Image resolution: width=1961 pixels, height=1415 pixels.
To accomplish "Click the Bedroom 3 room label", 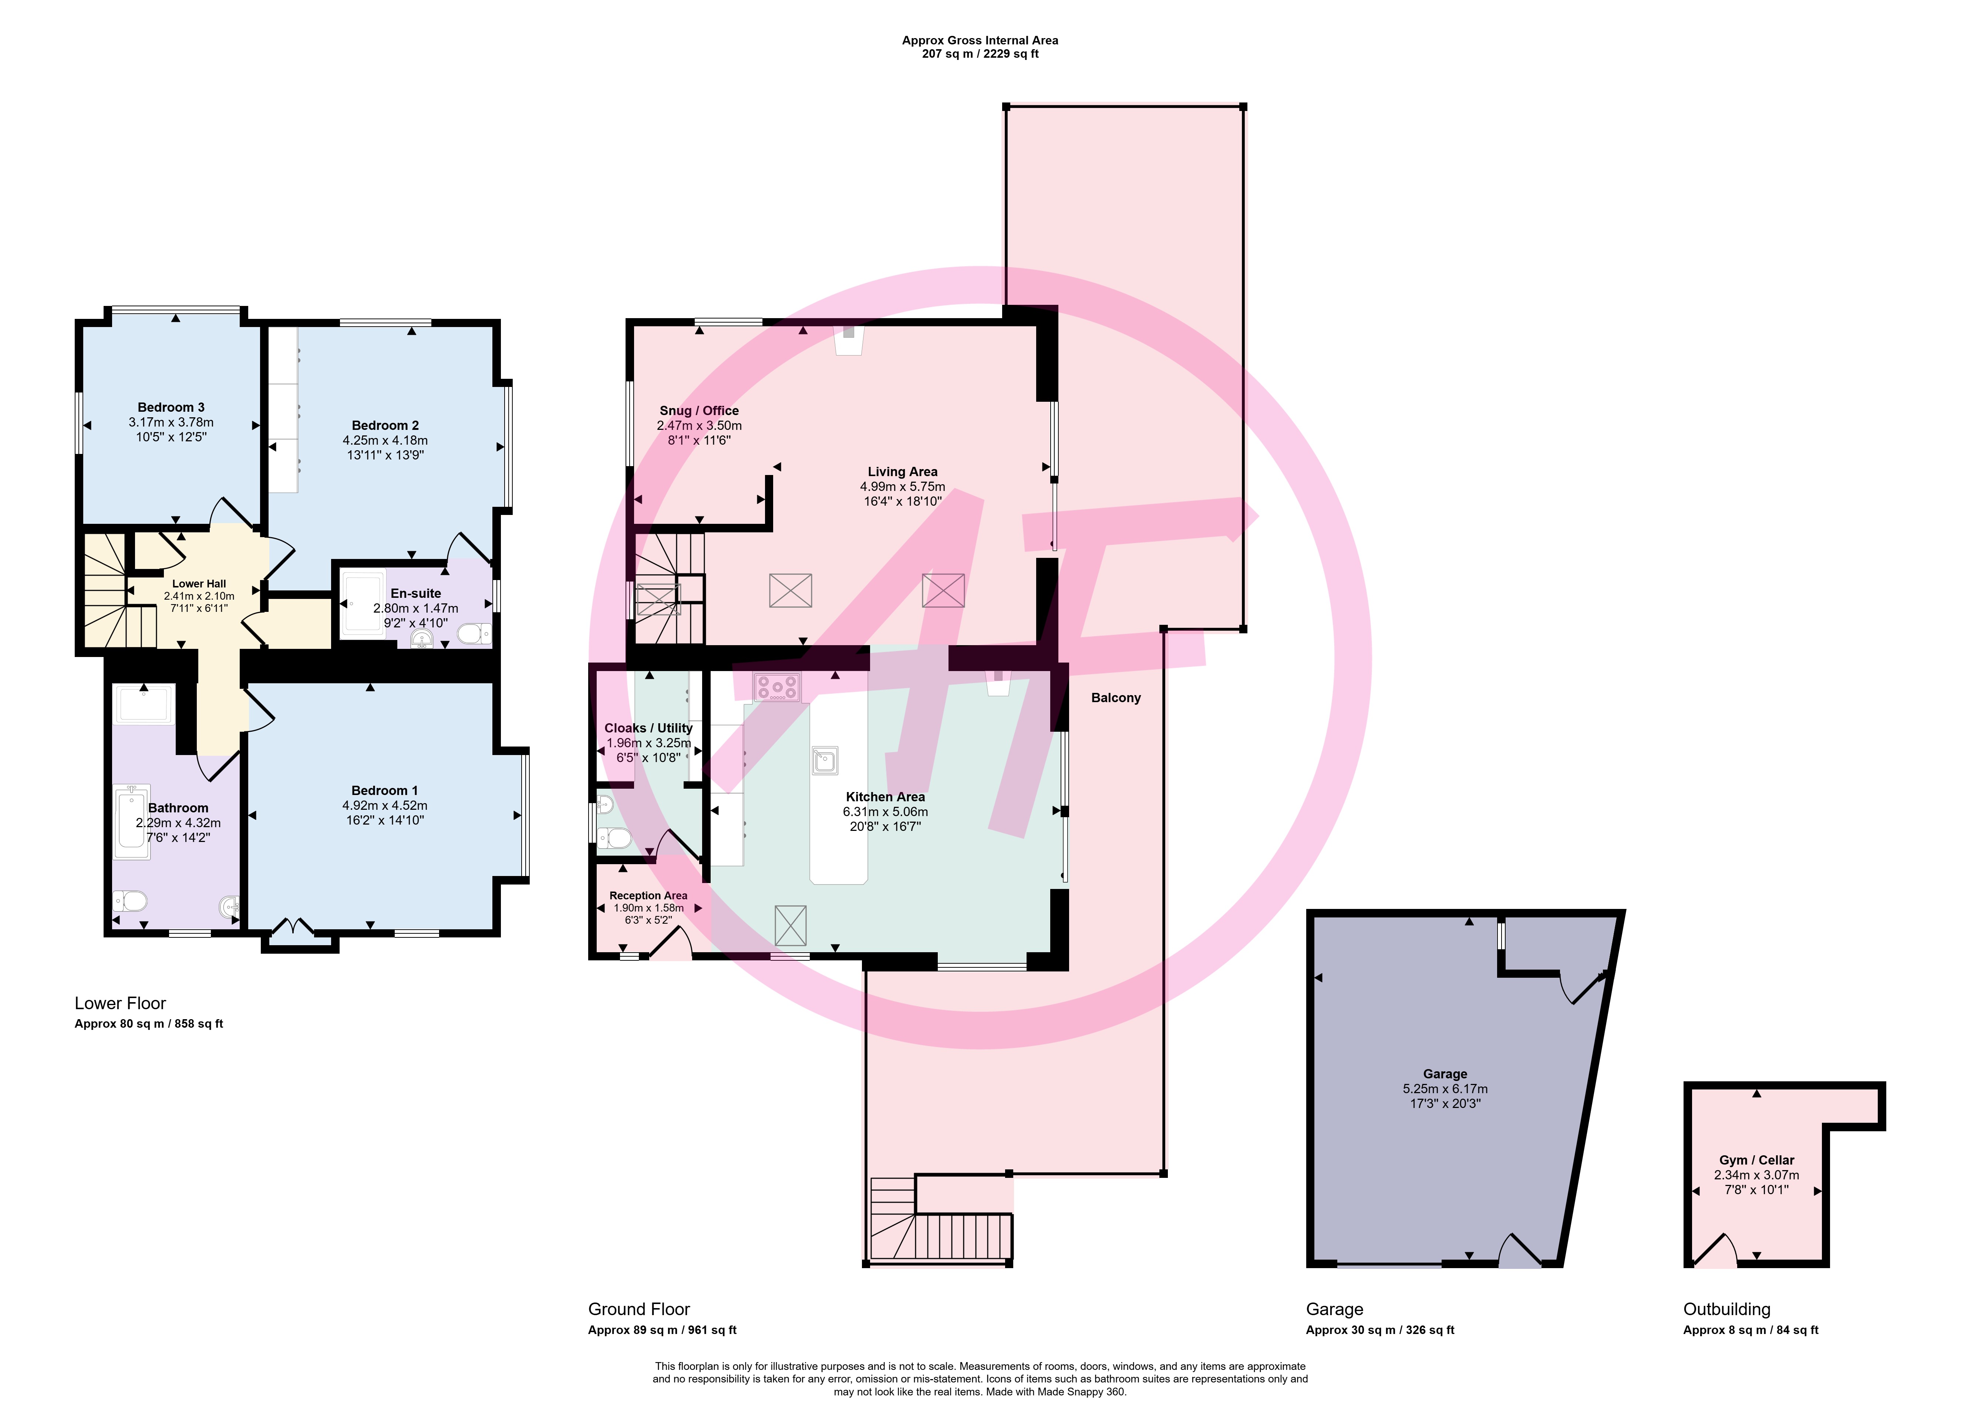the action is coord(171,407).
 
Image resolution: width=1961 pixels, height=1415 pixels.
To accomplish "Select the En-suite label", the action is coord(416,593).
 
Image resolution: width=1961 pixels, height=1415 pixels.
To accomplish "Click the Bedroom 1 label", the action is coord(385,790).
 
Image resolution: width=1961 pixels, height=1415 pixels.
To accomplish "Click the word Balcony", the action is coord(1115,698).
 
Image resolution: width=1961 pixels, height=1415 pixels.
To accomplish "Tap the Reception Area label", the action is coord(648,896).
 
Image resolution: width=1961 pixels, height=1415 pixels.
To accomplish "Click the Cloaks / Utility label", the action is coord(648,728).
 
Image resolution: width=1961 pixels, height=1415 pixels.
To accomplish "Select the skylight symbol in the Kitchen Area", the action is coord(790,925).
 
